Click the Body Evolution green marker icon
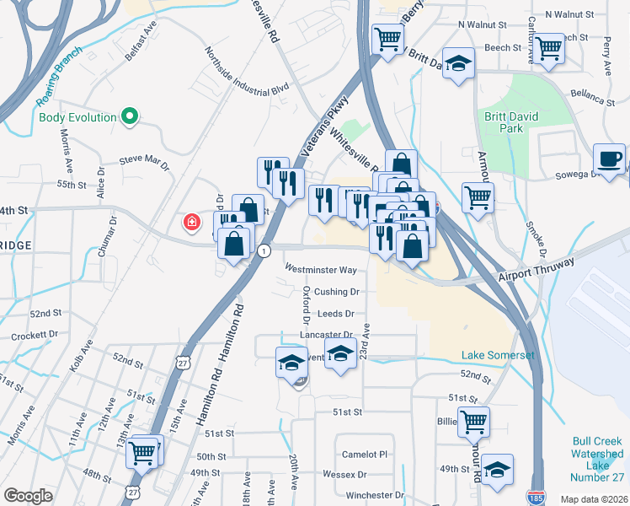click(x=130, y=116)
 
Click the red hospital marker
click(x=192, y=223)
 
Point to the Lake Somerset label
click(x=497, y=355)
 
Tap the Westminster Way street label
click(x=320, y=270)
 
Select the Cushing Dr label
click(x=337, y=292)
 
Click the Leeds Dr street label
click(x=336, y=313)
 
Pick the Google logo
click(x=28, y=496)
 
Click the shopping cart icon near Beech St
click(x=549, y=48)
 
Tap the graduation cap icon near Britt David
click(x=458, y=64)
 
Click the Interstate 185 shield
click(x=534, y=498)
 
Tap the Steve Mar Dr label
click(x=144, y=159)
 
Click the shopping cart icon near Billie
click(x=473, y=421)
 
